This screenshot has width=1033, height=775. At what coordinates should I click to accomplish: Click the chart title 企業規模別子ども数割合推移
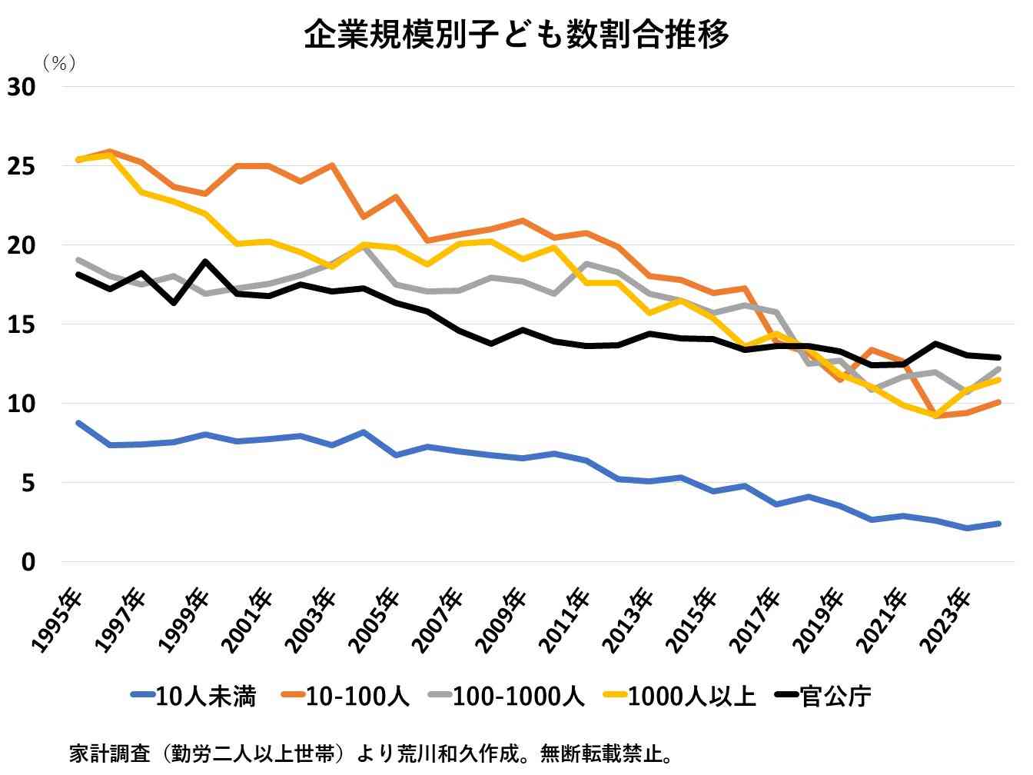[516, 35]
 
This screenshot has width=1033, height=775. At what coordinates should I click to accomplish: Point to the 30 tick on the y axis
[22, 87]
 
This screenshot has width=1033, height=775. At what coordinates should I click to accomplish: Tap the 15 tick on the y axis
[22, 324]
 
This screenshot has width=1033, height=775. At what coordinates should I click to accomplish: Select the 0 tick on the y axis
[28, 562]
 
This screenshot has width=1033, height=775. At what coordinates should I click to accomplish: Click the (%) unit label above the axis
[59, 63]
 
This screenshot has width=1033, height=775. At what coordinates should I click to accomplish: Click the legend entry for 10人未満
[194, 697]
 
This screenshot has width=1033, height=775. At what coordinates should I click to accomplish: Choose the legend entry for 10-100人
[346, 697]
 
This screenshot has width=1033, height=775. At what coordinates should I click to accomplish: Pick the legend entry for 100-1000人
[507, 697]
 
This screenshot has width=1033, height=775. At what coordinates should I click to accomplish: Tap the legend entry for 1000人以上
[680, 697]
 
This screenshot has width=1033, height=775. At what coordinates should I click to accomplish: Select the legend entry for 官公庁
[822, 697]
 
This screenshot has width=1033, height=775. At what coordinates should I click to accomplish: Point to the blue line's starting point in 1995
[78, 423]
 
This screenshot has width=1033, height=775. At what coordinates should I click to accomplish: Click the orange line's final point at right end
[998, 402]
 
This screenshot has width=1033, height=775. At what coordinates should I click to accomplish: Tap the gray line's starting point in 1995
[78, 260]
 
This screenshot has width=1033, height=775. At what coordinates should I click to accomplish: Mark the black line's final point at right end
[998, 358]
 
